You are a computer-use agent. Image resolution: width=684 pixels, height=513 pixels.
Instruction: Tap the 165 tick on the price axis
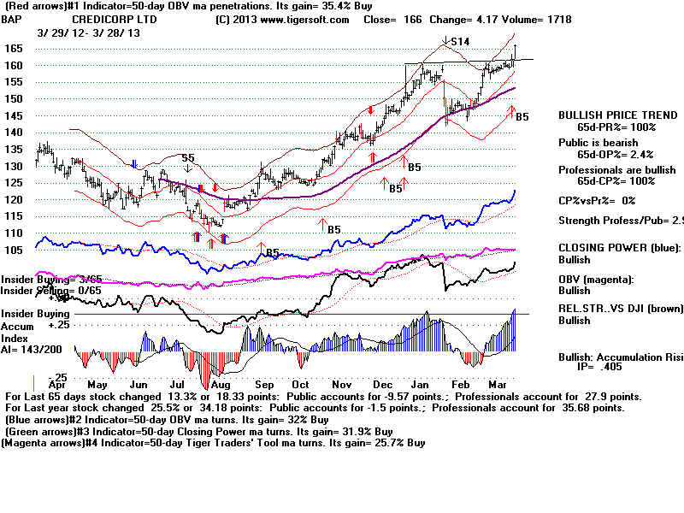tap(13, 49)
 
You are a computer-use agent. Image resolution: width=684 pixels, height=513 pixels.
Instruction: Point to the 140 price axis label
tap(13, 133)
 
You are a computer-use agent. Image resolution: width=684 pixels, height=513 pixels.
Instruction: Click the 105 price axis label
tap(15, 250)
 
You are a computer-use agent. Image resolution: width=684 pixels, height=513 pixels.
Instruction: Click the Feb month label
tap(459, 385)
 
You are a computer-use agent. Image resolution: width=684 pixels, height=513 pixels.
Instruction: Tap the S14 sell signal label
tap(461, 40)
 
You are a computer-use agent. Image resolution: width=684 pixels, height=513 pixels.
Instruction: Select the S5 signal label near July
tap(187, 158)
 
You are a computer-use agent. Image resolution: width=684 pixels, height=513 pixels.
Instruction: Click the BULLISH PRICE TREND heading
tap(608, 115)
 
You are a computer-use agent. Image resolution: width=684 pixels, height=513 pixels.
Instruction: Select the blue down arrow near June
tap(134, 163)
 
